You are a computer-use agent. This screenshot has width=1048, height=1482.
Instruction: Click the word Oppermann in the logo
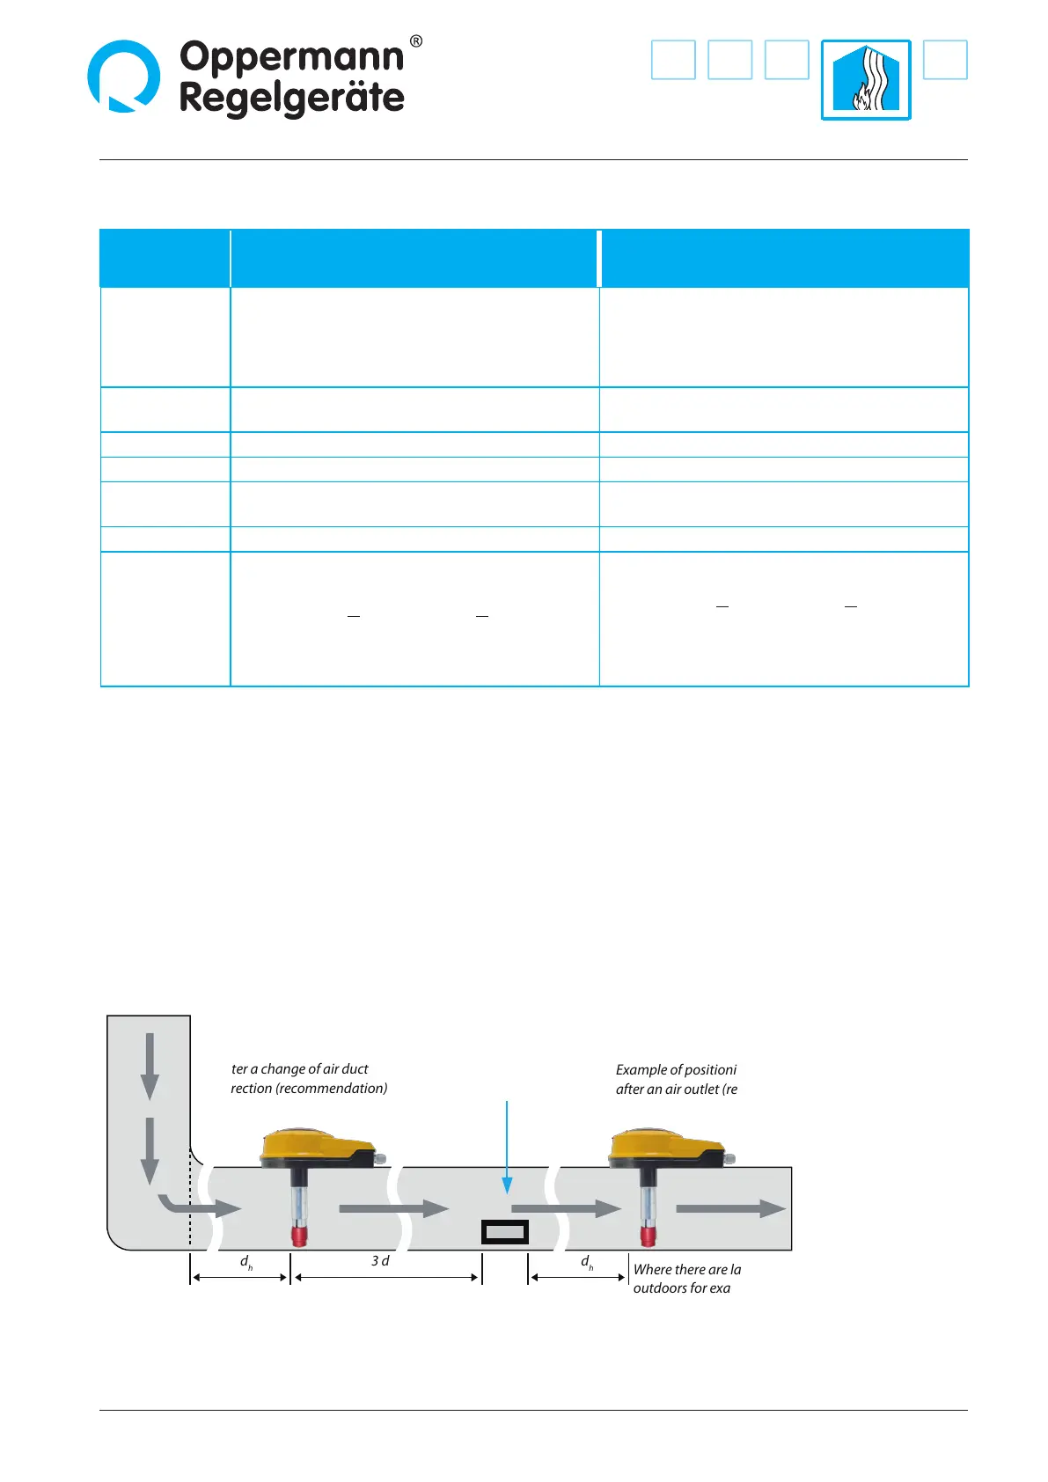[x=291, y=58]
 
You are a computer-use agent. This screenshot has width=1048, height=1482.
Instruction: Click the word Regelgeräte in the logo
[x=291, y=98]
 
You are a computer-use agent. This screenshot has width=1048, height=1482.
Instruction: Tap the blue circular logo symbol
[x=124, y=76]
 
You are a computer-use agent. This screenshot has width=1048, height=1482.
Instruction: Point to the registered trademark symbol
[x=416, y=41]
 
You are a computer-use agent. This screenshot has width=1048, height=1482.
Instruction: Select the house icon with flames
[x=866, y=79]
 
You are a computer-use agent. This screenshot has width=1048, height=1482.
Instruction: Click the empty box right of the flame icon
[x=945, y=60]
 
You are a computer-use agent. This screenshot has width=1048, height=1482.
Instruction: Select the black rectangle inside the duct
[x=505, y=1232]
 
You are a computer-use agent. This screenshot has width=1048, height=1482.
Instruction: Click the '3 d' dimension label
[x=380, y=1261]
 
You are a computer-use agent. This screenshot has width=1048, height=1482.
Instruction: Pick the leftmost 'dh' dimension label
[x=246, y=1262]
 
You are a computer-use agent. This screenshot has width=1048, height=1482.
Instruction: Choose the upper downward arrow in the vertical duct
[x=150, y=1066]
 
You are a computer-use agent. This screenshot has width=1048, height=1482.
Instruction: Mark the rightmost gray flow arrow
[x=730, y=1208]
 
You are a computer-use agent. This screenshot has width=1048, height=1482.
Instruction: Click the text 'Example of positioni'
[x=676, y=1070]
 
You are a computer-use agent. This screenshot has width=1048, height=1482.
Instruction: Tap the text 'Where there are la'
[x=687, y=1270]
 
